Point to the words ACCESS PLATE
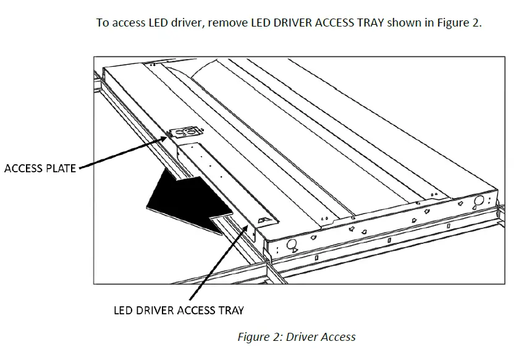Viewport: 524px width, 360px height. point(40,168)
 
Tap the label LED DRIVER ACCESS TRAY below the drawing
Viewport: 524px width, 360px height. point(179,310)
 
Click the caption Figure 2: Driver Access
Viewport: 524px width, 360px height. point(297,337)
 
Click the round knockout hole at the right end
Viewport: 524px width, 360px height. point(478,201)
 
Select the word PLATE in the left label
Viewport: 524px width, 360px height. point(61,168)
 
